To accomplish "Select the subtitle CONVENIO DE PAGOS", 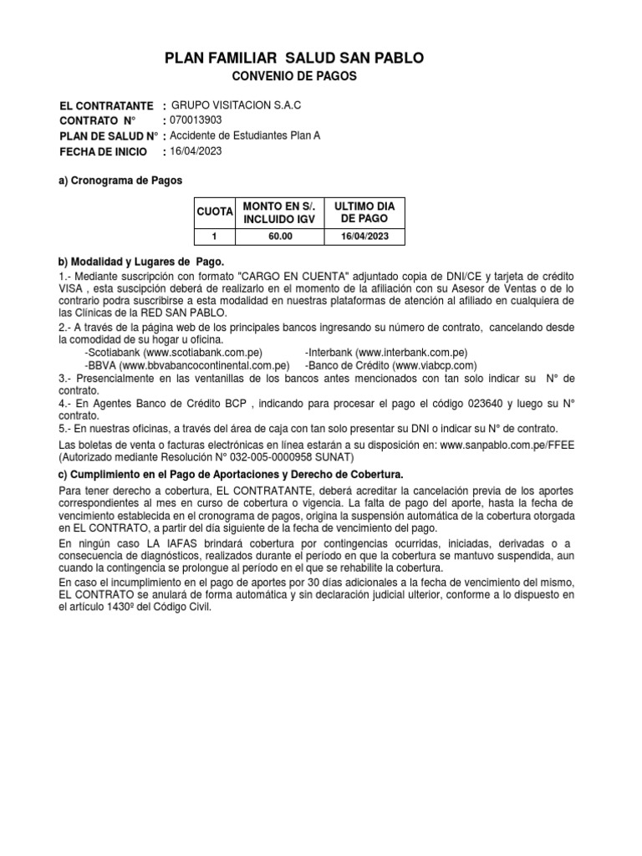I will pyautogui.click(x=293, y=77).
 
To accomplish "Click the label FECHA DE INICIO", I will pyautogui.click(x=103, y=152).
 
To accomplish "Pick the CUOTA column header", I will pyautogui.click(x=214, y=213).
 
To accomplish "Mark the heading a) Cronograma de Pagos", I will pyautogui.click(x=120, y=180).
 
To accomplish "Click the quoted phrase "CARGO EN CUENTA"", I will pyautogui.click(x=286, y=277).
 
